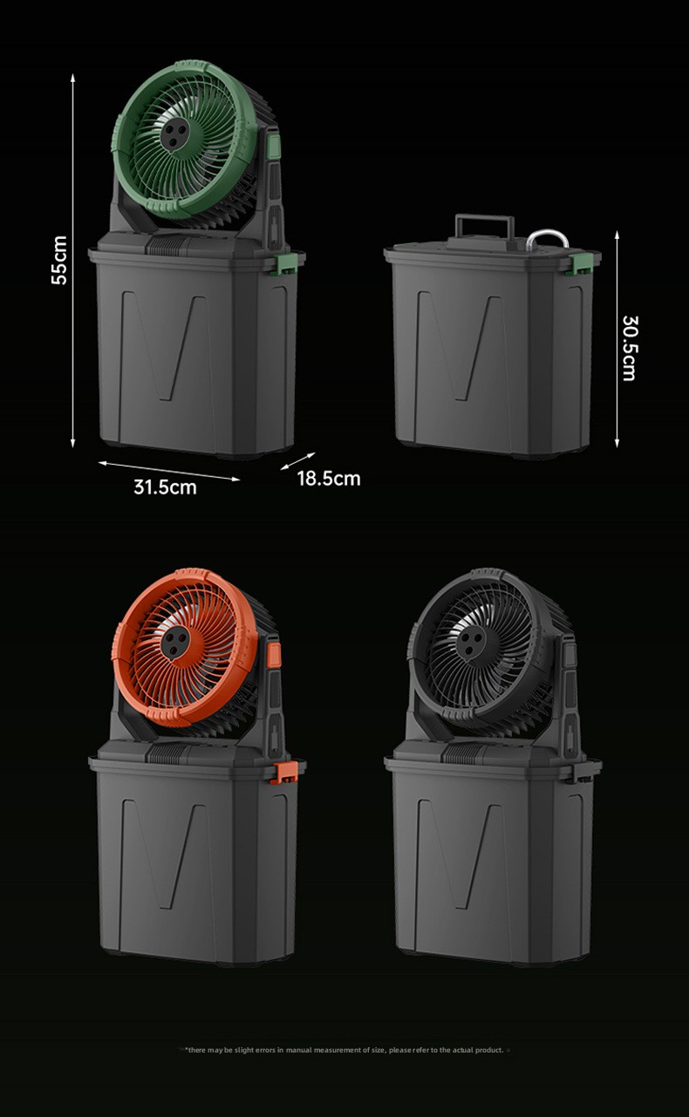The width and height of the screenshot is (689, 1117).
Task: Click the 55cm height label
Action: (x=59, y=261)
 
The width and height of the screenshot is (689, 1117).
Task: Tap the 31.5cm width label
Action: (x=165, y=487)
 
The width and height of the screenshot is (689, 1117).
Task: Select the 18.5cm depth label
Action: (x=329, y=479)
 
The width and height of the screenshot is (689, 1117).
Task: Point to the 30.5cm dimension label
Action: (x=629, y=348)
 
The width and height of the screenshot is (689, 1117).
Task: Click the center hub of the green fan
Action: (x=175, y=133)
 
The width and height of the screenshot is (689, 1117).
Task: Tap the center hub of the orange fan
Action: (x=175, y=641)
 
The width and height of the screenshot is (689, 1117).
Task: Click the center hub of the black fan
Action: (x=470, y=641)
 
